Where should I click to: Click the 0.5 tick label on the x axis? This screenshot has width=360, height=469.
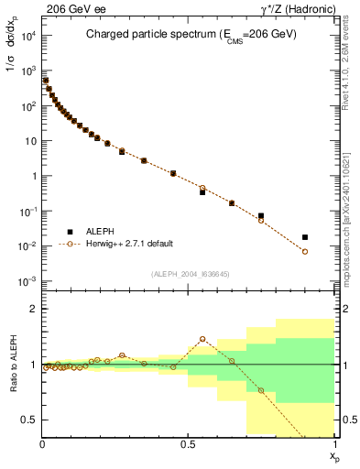coord(188,444)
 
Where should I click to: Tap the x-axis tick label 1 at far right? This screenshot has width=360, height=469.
coord(334,444)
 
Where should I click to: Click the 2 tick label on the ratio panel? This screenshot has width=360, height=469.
coord(33,309)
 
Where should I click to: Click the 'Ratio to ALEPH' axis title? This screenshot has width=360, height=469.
coord(11,365)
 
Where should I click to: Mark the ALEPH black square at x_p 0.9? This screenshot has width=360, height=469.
coord(305,237)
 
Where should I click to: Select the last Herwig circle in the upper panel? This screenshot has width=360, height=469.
coord(305,251)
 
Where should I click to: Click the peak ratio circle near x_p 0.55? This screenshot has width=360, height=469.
coord(202,339)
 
